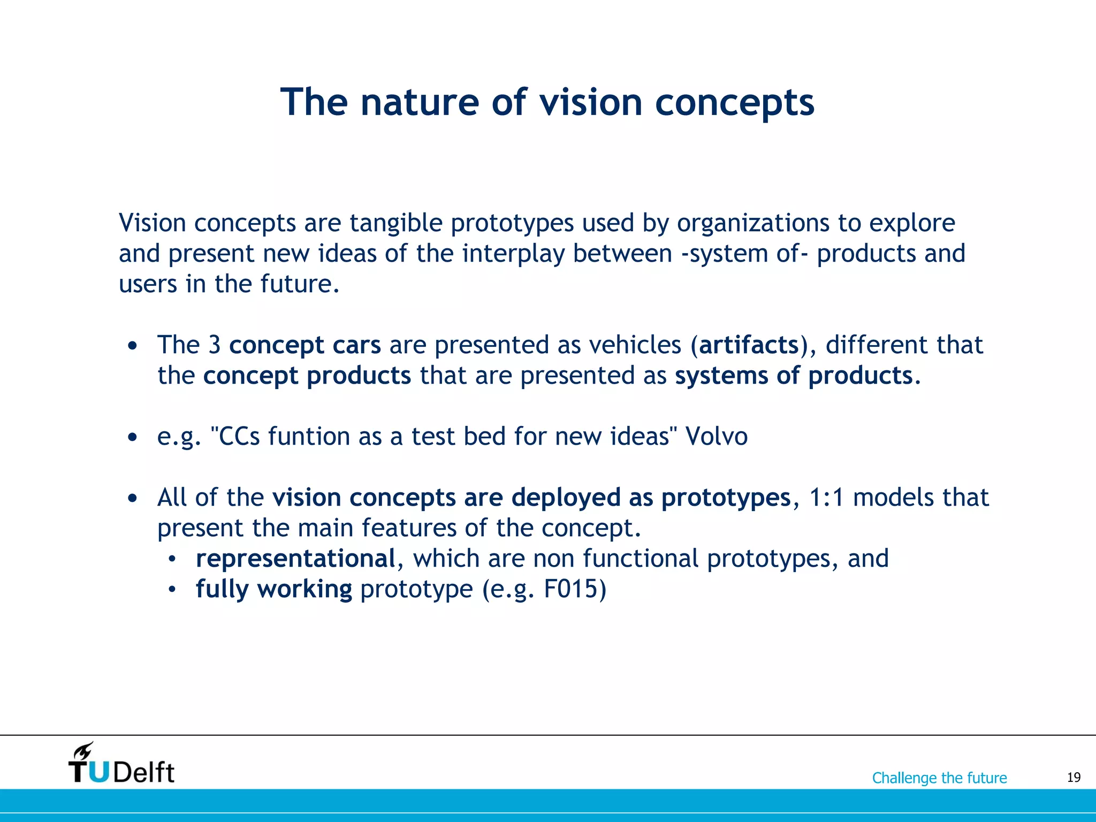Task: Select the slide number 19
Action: (x=1074, y=778)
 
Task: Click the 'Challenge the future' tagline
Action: (x=939, y=778)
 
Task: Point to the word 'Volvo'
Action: (x=717, y=436)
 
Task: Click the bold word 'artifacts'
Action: (x=749, y=345)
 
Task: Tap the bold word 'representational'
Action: (x=295, y=559)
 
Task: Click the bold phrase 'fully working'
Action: (x=273, y=589)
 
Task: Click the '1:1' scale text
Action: (x=826, y=498)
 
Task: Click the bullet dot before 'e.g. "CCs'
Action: (x=133, y=438)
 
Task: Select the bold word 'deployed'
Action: (x=566, y=498)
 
